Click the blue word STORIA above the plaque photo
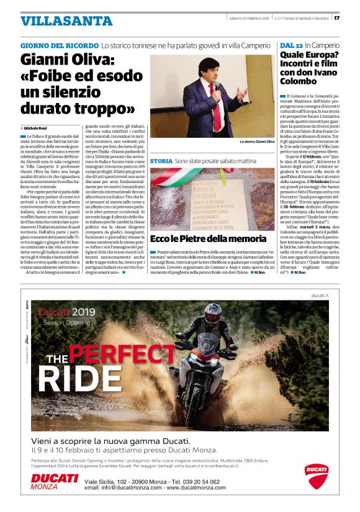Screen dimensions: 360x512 pos(161,161)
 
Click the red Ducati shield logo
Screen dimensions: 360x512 pos(316,476)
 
